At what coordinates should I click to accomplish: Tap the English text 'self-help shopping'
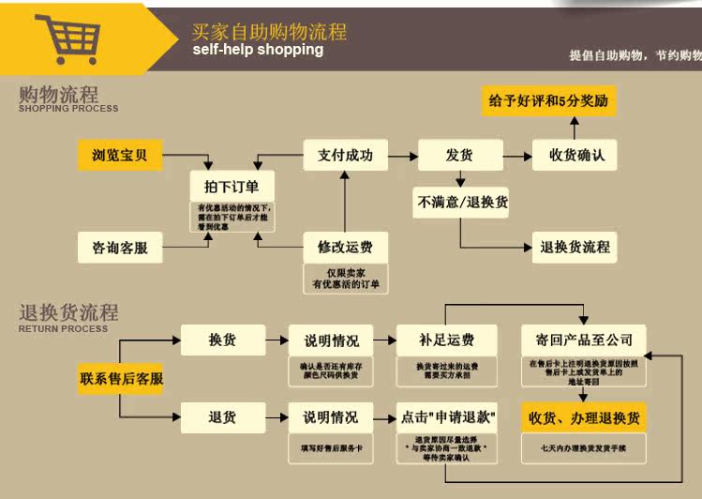pyautogui.click(x=258, y=50)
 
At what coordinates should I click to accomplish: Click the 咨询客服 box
pyautogui.click(x=120, y=248)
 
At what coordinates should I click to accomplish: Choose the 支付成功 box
pyautogui.click(x=345, y=155)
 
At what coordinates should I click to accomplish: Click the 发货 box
pyautogui.click(x=459, y=155)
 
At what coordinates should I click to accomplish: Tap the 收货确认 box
pyautogui.click(x=575, y=155)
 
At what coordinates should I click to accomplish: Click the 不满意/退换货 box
pyautogui.click(x=461, y=202)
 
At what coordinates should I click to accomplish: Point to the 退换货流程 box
pyautogui.click(x=575, y=247)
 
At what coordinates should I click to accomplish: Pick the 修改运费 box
pyautogui.click(x=345, y=248)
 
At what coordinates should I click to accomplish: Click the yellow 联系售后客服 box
pyautogui.click(x=122, y=379)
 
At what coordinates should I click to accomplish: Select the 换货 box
pyautogui.click(x=222, y=339)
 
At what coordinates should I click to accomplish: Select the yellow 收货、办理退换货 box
pyautogui.click(x=584, y=417)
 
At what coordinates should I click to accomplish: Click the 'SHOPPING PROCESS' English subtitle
pyautogui.click(x=68, y=108)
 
